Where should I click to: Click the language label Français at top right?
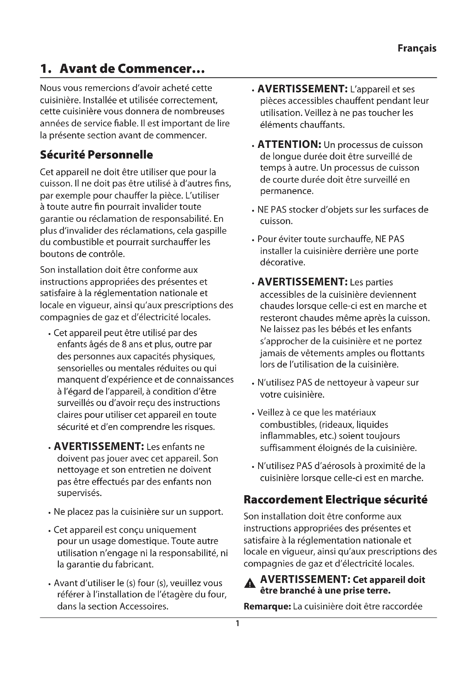416,48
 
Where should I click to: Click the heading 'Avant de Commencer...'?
132,69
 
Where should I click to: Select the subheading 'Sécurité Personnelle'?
96,155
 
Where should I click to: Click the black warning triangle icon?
250,583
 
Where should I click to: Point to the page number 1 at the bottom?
237,623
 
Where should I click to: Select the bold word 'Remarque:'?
267,606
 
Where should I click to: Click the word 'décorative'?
282,262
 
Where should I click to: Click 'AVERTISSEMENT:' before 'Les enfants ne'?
98,447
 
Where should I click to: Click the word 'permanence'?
286,191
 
